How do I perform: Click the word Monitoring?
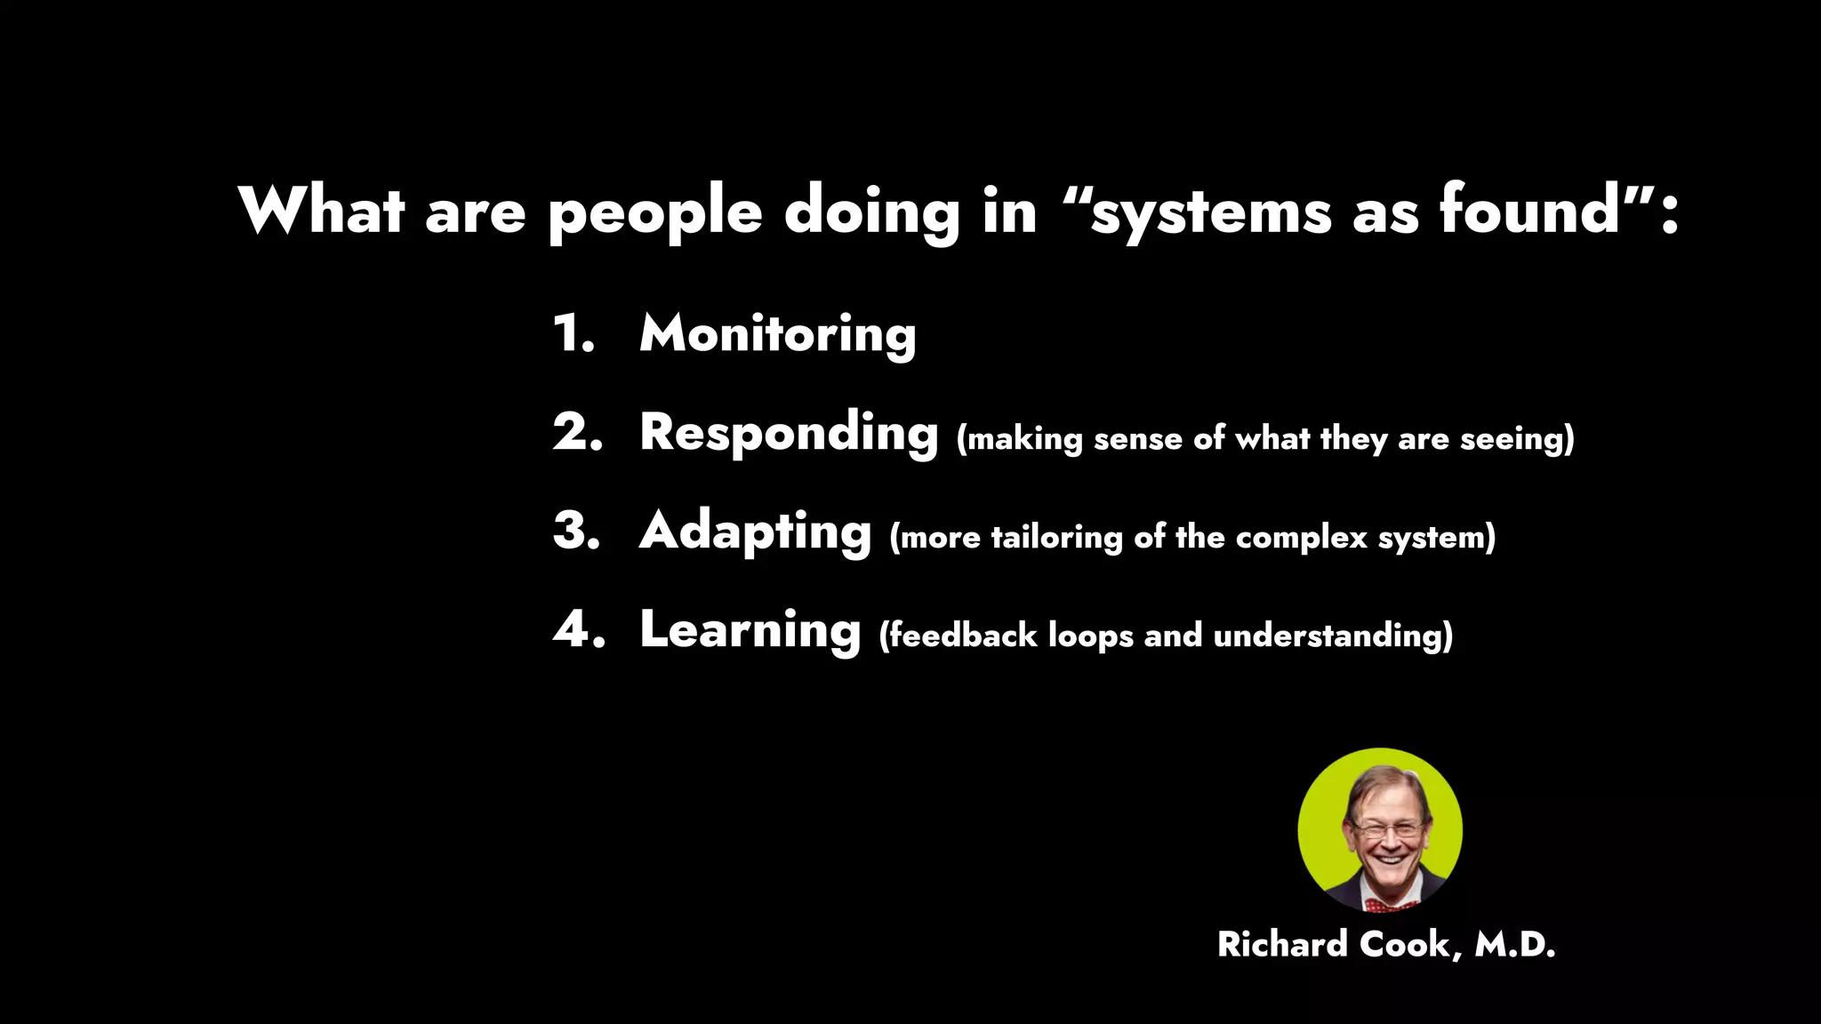[x=777, y=335]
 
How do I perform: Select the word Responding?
[x=789, y=434]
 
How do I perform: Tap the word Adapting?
[x=755, y=532]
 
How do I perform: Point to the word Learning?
[x=750, y=631]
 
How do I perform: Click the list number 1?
[x=573, y=334]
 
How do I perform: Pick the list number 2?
[x=577, y=433]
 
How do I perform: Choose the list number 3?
[x=576, y=532]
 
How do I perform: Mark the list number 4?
[x=578, y=630]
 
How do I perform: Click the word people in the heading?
[x=654, y=213]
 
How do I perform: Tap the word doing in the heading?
[x=871, y=213]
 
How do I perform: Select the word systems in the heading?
[x=1210, y=213]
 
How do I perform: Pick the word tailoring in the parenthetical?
[x=1056, y=538]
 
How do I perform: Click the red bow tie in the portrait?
[x=1389, y=905]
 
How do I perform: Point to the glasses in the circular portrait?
[x=1385, y=829]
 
